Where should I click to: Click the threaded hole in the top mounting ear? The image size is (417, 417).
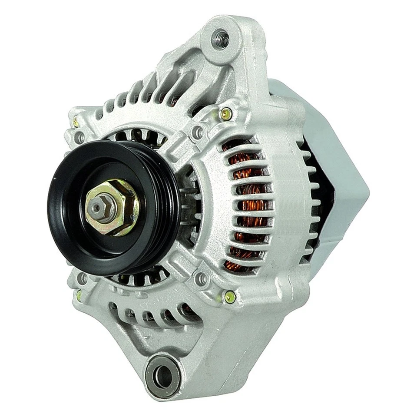(x=220, y=39)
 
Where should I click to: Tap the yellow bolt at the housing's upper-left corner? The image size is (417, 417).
(x=76, y=123)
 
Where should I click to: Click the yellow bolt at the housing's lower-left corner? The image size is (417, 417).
(x=79, y=295)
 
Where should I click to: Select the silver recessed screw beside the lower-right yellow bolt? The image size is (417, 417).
(x=202, y=278)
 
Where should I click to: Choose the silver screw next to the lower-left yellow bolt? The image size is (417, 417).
(x=81, y=278)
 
